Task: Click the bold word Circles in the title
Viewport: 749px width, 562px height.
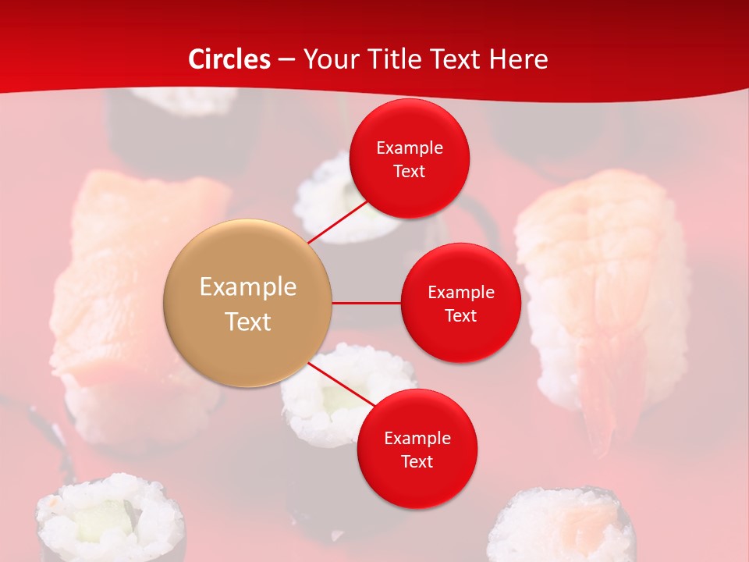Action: (229, 59)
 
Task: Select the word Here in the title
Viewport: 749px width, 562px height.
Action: (519, 59)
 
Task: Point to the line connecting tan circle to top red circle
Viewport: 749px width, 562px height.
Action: (338, 222)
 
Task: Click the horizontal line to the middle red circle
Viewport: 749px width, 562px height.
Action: (367, 303)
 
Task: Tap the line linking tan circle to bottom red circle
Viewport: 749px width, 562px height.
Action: (341, 383)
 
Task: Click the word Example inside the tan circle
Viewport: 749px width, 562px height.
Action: (248, 287)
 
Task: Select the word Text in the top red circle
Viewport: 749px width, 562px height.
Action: (410, 172)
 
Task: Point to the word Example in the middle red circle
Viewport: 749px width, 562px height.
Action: (461, 293)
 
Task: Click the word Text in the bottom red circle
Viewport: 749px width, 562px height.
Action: (417, 461)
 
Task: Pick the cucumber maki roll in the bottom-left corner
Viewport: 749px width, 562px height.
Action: (109, 519)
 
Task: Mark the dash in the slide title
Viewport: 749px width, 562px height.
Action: (286, 60)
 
